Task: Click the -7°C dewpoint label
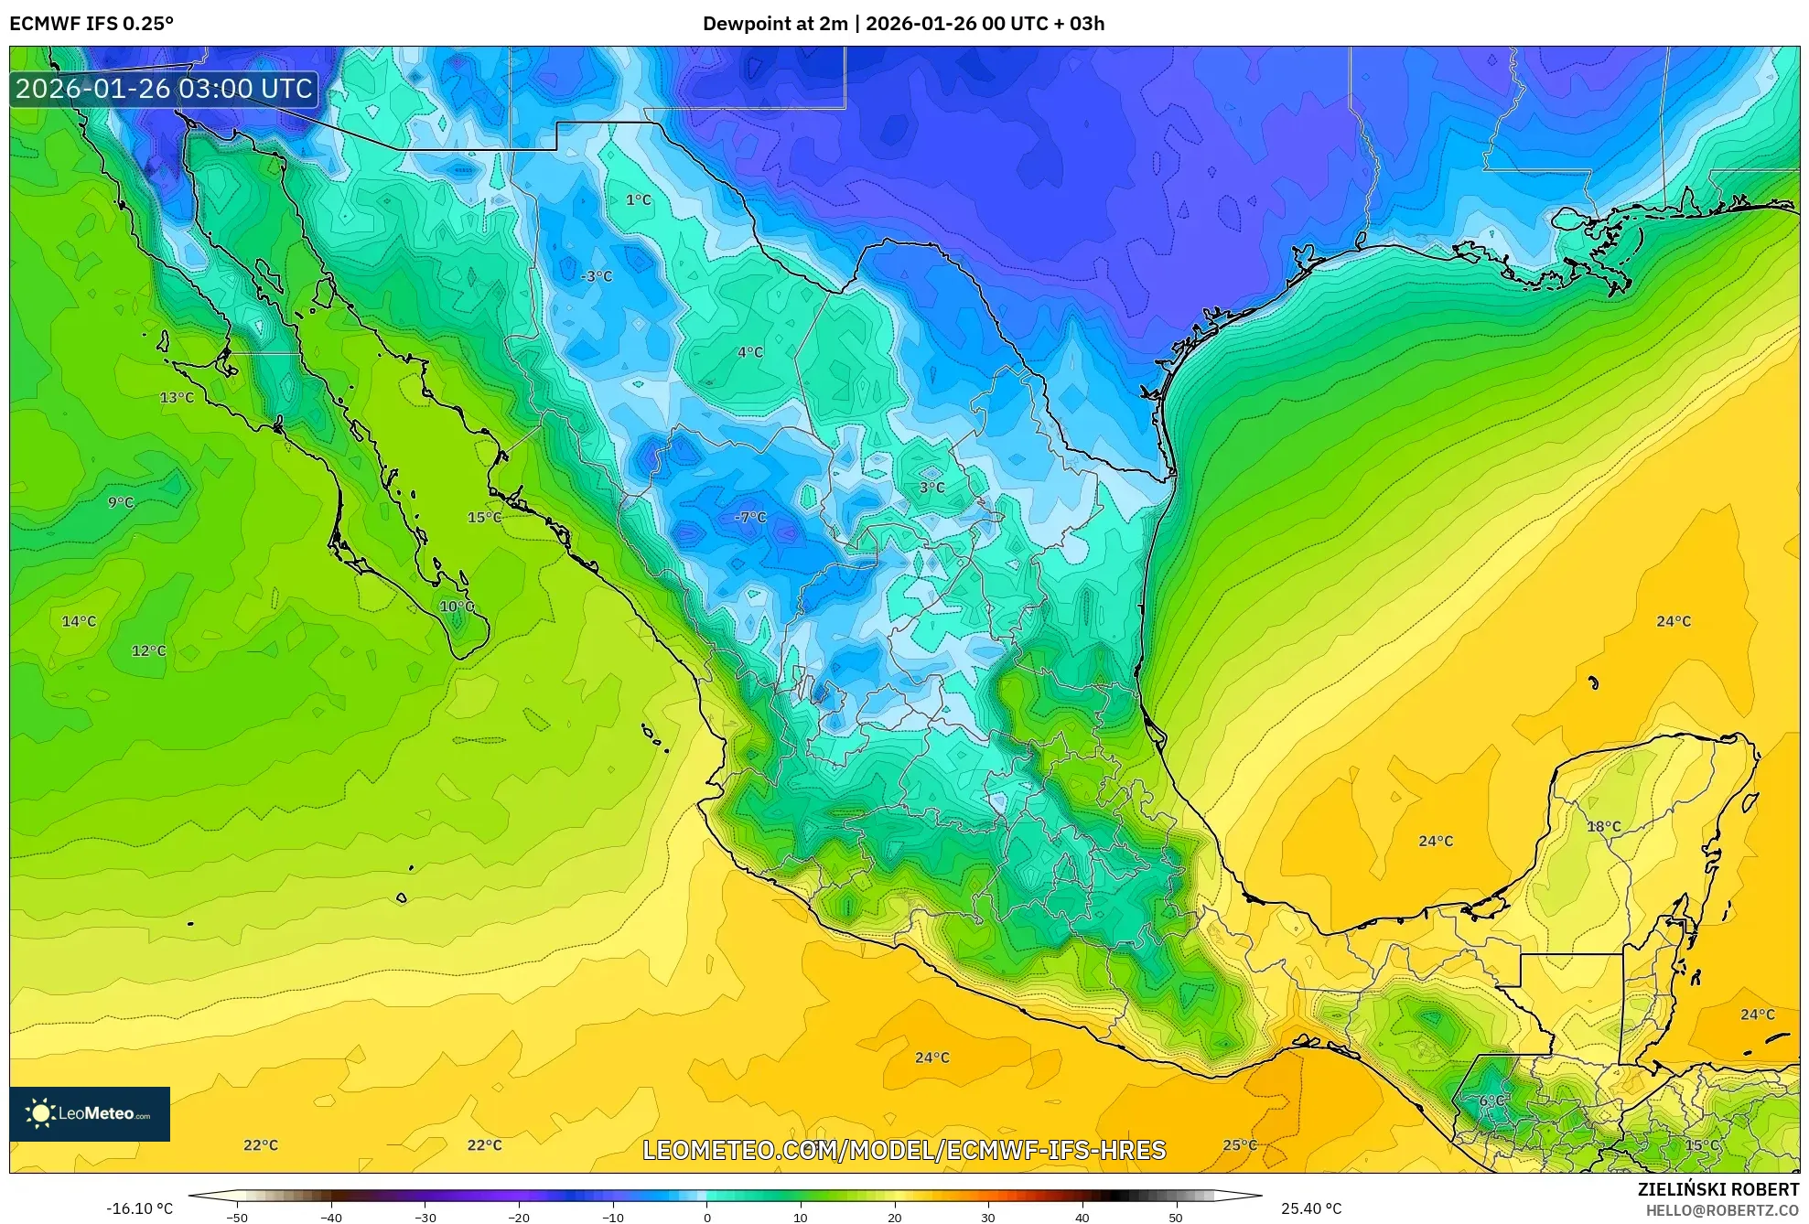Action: pos(750,518)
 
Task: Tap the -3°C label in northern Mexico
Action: pos(597,276)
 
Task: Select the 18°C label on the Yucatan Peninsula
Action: pos(1603,827)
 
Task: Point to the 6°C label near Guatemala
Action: pos(1491,1101)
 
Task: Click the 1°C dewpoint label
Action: pos(639,200)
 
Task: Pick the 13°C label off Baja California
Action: pos(177,398)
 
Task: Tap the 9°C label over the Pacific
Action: pos(121,503)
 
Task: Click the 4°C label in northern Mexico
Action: pos(750,352)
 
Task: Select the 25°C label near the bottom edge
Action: pos(1240,1145)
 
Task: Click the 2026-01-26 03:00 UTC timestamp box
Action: pos(165,89)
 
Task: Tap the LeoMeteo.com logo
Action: pos(90,1113)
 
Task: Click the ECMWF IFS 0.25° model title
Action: pos(92,24)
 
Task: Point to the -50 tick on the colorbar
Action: pos(237,1217)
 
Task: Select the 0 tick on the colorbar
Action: pos(706,1217)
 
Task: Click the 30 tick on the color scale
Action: pos(987,1217)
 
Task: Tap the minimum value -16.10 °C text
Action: pos(139,1208)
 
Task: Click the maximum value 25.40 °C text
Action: pos(1310,1208)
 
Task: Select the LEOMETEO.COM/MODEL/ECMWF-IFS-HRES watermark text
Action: pos(904,1150)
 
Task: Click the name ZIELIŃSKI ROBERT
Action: pos(1717,1189)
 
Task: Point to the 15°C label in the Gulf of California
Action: pos(484,518)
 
